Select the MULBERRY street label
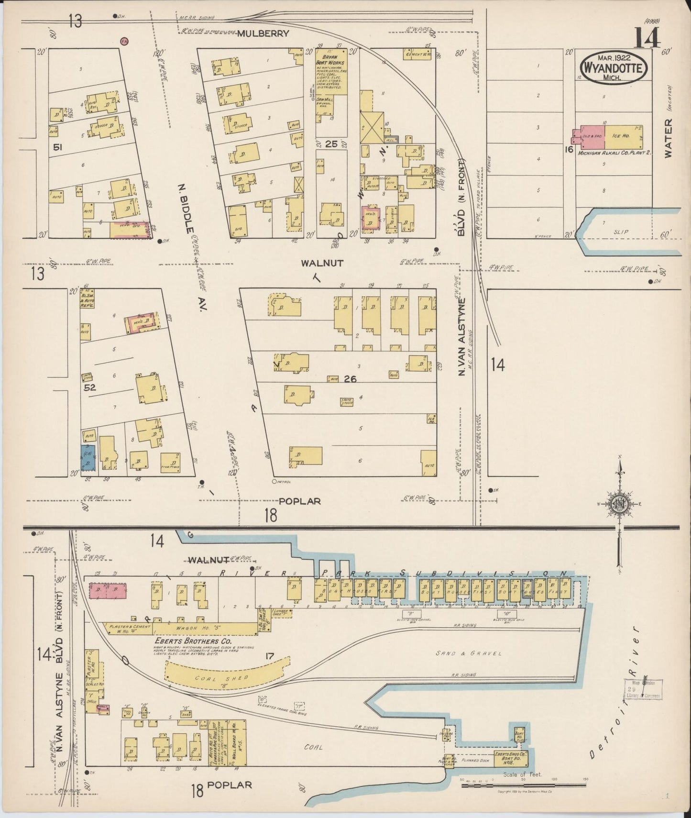point(263,33)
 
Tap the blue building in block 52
point(88,457)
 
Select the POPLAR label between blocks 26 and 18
point(299,501)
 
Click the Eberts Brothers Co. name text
point(193,641)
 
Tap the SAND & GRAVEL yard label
point(469,653)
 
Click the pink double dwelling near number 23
point(108,590)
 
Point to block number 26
point(351,379)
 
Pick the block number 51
point(58,148)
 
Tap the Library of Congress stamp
point(642,689)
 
